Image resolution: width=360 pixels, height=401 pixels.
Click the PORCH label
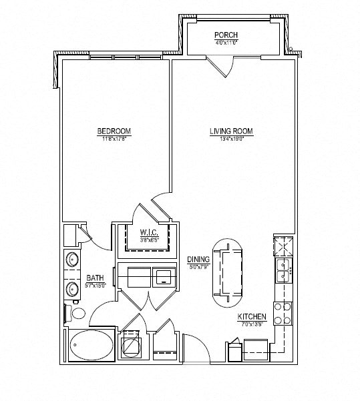point(226,35)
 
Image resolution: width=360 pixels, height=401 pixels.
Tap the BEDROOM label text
point(114,131)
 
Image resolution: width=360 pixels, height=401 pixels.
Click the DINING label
point(199,259)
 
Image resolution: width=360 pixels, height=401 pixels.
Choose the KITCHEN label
point(252,316)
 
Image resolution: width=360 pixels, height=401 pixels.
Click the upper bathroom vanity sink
point(72,260)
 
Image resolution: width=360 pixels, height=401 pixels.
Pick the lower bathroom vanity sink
point(72,289)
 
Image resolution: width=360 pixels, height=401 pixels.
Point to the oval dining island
point(228,268)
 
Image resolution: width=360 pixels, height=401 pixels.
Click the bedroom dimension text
point(114,139)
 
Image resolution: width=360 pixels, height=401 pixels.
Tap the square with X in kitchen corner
point(283,245)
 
